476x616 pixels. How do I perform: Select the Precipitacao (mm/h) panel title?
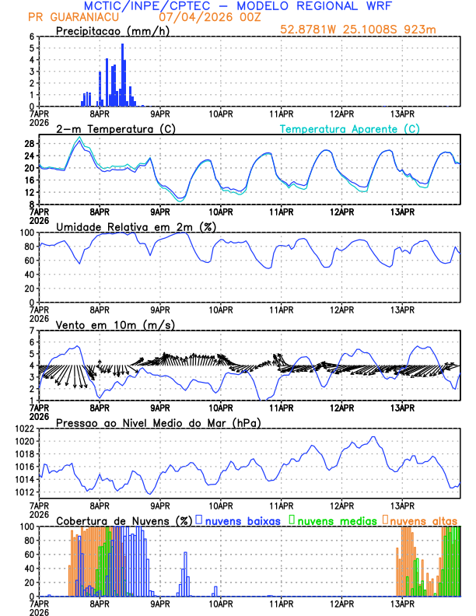(x=108, y=31)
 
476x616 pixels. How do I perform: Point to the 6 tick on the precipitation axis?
(x=31, y=37)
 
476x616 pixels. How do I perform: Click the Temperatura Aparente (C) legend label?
(x=349, y=128)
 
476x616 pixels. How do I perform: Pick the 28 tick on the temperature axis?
(x=29, y=144)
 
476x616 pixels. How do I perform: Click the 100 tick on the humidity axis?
(x=26, y=233)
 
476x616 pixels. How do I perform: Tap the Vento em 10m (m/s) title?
(x=115, y=324)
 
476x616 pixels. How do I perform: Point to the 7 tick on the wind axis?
(x=31, y=331)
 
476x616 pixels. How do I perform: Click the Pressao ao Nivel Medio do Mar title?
(x=158, y=422)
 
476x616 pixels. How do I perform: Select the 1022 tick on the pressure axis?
(x=23, y=429)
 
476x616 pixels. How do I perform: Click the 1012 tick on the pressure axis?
(x=23, y=492)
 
